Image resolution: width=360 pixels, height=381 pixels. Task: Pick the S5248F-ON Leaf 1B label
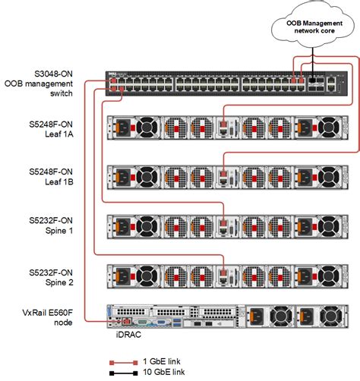(x=55, y=175)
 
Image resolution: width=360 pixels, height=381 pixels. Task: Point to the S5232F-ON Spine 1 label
(x=55, y=225)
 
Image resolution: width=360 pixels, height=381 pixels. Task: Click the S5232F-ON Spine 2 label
(x=55, y=275)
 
